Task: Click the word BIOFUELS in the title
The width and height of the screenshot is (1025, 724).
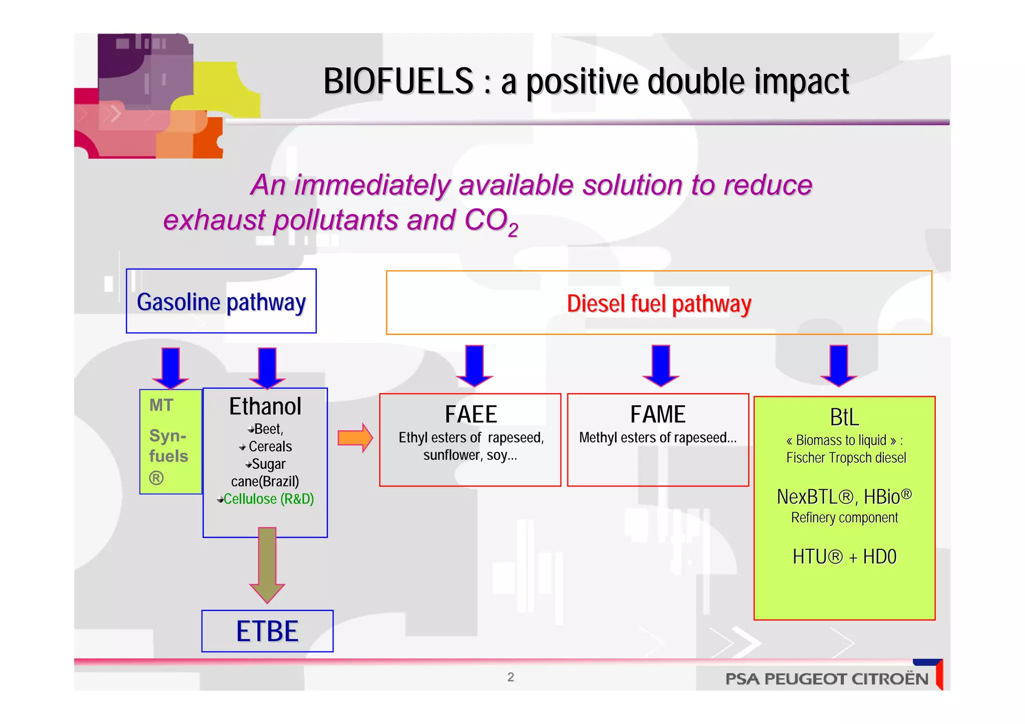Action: coord(398,82)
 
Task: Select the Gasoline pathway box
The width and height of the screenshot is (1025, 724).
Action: coord(221,302)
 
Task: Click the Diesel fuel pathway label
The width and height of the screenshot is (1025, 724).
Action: coord(659,304)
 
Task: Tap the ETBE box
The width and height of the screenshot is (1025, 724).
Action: coord(267,631)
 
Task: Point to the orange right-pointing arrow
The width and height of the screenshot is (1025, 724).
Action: coord(355,438)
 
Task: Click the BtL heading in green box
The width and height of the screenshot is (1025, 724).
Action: coord(844,417)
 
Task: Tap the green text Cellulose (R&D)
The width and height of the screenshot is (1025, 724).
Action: coord(268,499)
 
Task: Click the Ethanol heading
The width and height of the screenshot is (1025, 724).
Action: coord(265,406)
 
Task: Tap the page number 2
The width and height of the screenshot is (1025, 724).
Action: coord(510,677)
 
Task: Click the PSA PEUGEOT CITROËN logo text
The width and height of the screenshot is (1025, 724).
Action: coord(827,679)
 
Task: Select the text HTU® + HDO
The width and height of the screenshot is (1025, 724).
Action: coord(844,557)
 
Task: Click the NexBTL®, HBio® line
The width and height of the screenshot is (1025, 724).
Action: coord(844,497)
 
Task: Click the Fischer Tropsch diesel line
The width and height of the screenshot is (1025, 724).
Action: coord(846,458)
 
